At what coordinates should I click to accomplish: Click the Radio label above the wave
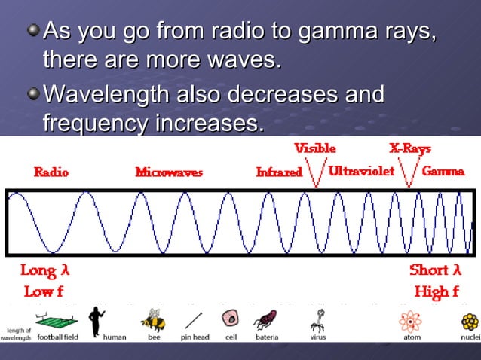[51, 172]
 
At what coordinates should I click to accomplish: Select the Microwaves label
[169, 172]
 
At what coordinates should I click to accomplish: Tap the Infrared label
[279, 172]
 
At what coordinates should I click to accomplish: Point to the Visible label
[314, 148]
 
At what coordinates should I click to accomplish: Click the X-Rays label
[410, 148]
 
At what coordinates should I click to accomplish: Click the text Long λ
[44, 270]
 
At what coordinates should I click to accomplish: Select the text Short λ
[435, 270]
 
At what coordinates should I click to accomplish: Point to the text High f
[437, 292]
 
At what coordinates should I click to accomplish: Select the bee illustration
[155, 319]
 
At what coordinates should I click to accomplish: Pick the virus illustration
[317, 321]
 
